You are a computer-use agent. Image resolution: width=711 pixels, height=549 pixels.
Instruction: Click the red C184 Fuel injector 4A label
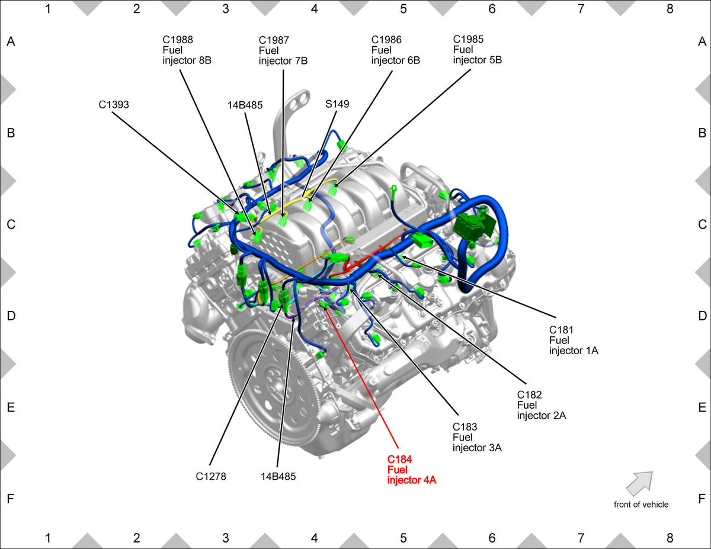(x=412, y=470)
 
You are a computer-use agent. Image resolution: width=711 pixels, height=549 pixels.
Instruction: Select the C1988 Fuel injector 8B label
(x=187, y=50)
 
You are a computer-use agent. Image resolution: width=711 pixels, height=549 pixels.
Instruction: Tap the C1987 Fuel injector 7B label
(x=283, y=50)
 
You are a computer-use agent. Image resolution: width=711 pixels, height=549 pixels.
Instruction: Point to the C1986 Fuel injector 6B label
(x=396, y=50)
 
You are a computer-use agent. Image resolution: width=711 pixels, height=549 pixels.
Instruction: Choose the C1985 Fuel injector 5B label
(x=478, y=49)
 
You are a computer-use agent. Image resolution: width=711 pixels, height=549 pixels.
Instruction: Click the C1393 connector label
(x=114, y=105)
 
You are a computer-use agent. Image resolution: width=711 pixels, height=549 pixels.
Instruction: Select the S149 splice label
(x=337, y=104)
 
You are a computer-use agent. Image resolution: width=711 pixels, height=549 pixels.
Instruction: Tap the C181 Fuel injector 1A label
(x=574, y=340)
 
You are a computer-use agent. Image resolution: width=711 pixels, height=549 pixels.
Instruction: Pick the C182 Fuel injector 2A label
(x=542, y=405)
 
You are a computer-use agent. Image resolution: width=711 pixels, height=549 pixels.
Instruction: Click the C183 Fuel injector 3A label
(x=477, y=437)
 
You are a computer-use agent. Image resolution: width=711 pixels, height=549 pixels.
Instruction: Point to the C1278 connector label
(x=211, y=476)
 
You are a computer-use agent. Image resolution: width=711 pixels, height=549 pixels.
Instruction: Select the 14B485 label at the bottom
(x=278, y=476)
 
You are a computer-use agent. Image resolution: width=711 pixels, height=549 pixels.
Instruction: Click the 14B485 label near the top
(x=245, y=105)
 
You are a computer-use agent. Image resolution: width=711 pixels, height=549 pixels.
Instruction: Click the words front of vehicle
(x=641, y=505)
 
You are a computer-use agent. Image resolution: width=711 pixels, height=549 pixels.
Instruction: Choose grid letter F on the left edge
(x=11, y=499)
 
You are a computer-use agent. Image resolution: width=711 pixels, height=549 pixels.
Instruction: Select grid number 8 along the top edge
(x=670, y=9)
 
